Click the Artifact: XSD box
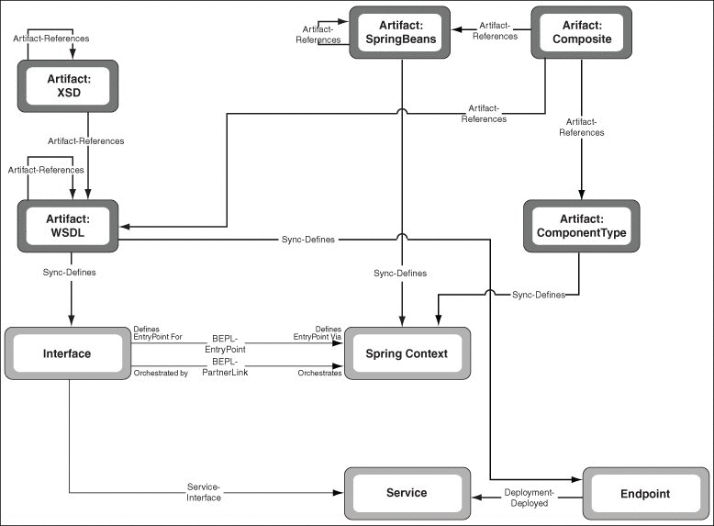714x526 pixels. [69, 86]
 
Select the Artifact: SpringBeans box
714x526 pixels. [399, 32]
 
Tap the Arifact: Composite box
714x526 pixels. [582, 32]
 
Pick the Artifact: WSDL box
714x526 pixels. [69, 226]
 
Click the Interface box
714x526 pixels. [67, 353]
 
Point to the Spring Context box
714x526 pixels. [407, 353]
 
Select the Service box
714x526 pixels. [407, 493]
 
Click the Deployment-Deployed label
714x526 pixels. [527, 498]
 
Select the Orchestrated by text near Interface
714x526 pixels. [160, 374]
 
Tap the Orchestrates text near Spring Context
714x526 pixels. [319, 374]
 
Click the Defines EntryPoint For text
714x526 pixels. [158, 333]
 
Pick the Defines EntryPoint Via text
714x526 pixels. [318, 333]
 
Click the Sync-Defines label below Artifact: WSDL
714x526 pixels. [69, 273]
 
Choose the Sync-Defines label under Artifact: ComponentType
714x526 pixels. [540, 295]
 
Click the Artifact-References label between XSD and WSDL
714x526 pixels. [87, 141]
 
